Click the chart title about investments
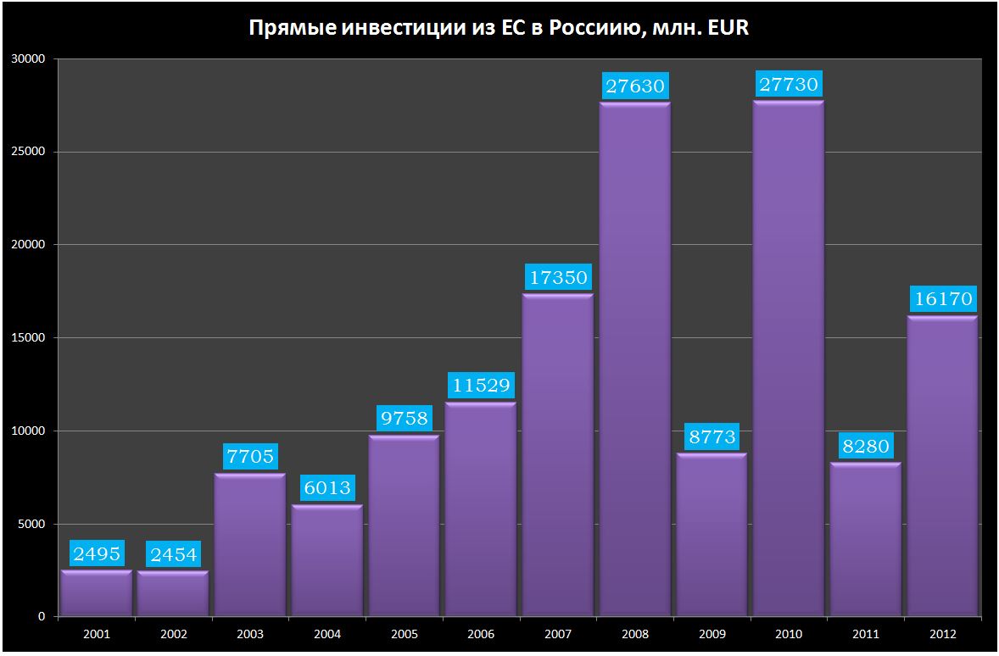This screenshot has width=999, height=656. tap(499, 28)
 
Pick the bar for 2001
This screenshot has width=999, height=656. tap(97, 593)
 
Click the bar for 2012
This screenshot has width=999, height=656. tap(942, 466)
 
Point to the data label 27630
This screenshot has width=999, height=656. tap(635, 86)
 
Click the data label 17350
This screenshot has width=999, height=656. tap(558, 278)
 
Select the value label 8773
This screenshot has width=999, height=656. tap(712, 436)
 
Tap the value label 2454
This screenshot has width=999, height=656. tap(173, 554)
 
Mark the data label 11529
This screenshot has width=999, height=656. tap(481, 386)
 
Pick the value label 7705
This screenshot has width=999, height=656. tap(250, 457)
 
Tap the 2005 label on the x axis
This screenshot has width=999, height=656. tap(404, 633)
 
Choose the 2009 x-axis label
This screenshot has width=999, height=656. tap(712, 633)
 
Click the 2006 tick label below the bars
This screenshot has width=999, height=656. tap(481, 633)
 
